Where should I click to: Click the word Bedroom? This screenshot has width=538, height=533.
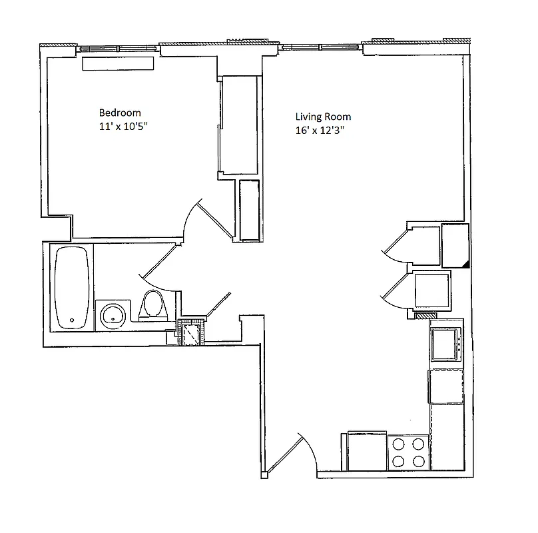(x=120, y=113)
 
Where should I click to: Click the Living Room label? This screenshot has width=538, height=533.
(x=324, y=117)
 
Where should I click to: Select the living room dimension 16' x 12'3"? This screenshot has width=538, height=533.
(x=324, y=131)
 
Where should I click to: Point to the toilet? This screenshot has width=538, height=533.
(x=154, y=306)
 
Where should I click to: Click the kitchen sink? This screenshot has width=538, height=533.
(x=444, y=344)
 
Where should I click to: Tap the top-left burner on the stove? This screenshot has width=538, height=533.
(x=399, y=443)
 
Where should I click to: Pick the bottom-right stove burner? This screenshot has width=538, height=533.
(x=418, y=460)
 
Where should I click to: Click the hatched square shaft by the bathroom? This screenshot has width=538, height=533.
(x=192, y=332)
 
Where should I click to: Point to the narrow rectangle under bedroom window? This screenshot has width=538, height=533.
(x=118, y=63)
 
